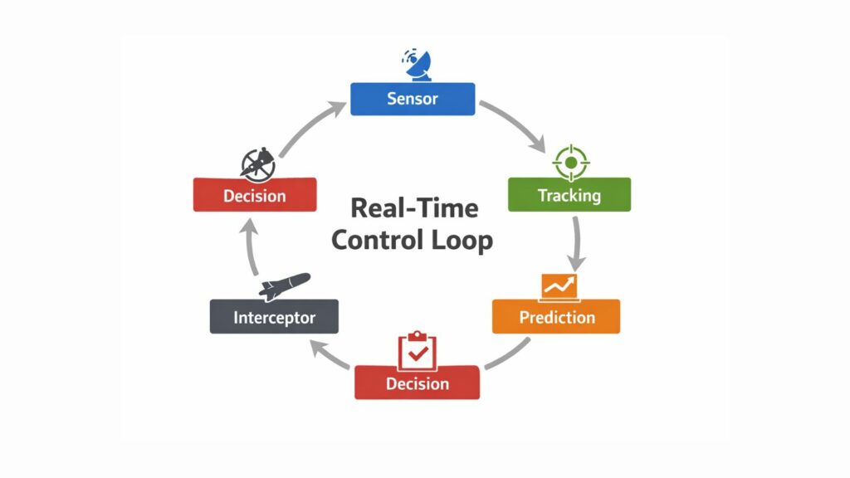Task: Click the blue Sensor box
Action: point(413,99)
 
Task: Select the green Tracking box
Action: point(569,195)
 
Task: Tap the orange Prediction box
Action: point(556,316)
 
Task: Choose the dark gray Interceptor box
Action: point(274,316)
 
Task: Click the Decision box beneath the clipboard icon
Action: point(417,383)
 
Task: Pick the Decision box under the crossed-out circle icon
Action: point(254,195)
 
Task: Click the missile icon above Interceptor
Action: point(282,285)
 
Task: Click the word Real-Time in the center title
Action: point(414,207)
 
